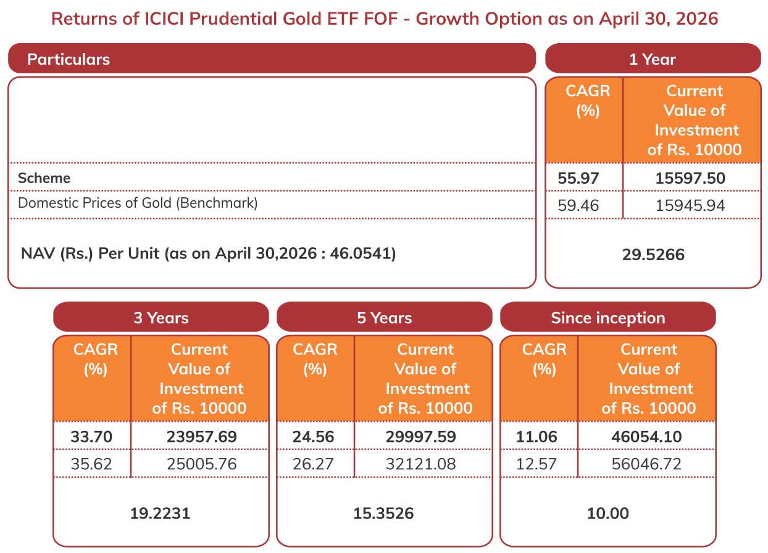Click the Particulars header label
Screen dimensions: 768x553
69,59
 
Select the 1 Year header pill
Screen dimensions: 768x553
653,58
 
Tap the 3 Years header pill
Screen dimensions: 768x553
161,317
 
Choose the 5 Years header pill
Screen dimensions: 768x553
385,317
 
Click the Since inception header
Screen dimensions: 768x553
608,317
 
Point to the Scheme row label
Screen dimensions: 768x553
44,178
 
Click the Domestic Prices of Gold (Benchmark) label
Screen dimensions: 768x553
138,203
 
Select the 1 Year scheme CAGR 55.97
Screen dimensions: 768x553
578,178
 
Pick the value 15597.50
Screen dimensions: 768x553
690,178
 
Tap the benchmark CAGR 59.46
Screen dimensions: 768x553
578,205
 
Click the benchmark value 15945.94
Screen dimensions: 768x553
690,205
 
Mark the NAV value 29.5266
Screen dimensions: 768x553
653,255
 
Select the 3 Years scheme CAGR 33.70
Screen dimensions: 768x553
91,436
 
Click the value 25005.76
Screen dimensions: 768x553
202,464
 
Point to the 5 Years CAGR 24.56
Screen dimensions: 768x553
313,436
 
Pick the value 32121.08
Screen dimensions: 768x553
420,464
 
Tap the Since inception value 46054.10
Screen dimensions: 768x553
646,436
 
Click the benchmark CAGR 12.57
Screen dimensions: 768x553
536,464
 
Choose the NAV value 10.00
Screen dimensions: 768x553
608,514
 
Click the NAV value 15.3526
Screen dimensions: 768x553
383,514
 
